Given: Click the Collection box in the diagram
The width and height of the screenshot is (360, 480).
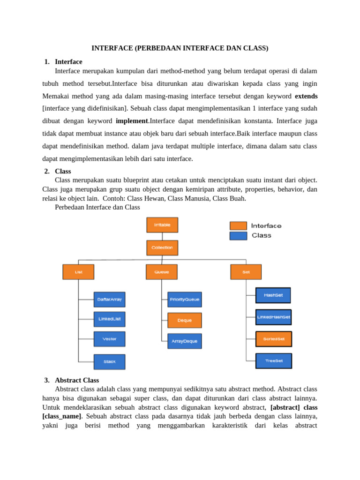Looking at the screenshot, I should click(x=162, y=247).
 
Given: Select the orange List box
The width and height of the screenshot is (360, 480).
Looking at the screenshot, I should click(x=78, y=272).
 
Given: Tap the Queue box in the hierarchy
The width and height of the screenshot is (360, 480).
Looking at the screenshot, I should click(x=162, y=272).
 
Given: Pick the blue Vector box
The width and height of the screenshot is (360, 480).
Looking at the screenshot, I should click(x=109, y=339).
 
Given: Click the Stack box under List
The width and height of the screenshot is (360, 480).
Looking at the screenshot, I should click(x=109, y=362).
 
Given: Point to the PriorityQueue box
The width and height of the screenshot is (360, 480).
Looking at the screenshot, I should click(x=185, y=299).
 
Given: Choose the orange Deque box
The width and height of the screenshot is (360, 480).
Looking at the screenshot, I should click(x=185, y=321).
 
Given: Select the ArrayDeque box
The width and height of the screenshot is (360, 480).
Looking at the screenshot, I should click(x=185, y=341).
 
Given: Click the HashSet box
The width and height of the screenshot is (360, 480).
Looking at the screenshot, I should click(x=273, y=295).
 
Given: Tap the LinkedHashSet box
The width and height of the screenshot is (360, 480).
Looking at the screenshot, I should click(x=274, y=317).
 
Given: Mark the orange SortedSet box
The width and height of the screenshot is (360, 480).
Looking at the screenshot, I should click(x=274, y=339).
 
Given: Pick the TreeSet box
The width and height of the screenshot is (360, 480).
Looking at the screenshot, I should click(x=274, y=361).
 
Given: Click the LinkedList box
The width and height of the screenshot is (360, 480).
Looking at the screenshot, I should click(x=109, y=319).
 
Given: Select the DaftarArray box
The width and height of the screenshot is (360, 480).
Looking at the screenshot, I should click(x=109, y=299).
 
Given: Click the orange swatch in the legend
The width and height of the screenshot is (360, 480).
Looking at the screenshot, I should click(x=238, y=226).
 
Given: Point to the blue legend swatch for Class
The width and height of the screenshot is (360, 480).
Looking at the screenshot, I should click(x=238, y=236).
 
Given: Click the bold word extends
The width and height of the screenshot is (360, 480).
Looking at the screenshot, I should click(x=306, y=97).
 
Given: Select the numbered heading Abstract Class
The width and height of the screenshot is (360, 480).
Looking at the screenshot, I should click(x=77, y=380).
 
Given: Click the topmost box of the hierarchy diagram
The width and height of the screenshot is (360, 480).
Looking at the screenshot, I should click(x=162, y=225).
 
